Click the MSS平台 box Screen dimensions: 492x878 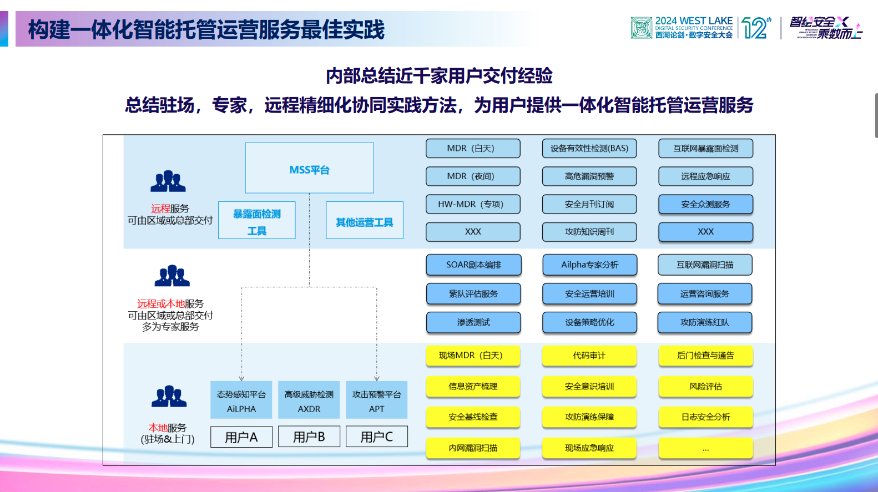click(309, 168)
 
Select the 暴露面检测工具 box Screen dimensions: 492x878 click(256, 221)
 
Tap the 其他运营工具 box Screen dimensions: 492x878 click(364, 221)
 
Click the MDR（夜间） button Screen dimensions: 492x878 click(473, 176)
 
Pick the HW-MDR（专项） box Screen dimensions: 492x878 click(473, 204)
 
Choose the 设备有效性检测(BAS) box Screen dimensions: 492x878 click(589, 149)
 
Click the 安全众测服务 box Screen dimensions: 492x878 click(705, 204)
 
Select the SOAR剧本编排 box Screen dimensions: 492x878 click(473, 265)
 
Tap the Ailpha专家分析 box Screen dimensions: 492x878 click(589, 265)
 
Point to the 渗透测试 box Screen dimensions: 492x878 click(473, 322)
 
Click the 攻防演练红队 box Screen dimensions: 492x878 click(705, 322)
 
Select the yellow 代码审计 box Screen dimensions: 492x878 click(589, 356)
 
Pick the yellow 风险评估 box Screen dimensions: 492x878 click(705, 387)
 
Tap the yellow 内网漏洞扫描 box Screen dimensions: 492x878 click(473, 448)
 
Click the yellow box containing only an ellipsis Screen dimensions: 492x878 click(705, 448)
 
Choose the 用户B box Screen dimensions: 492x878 click(309, 437)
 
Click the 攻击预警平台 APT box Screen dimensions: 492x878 click(376, 400)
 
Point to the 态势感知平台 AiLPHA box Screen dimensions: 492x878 click(241, 400)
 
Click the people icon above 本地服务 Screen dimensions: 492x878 click(169, 396)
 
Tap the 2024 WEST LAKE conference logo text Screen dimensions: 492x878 click(693, 27)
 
